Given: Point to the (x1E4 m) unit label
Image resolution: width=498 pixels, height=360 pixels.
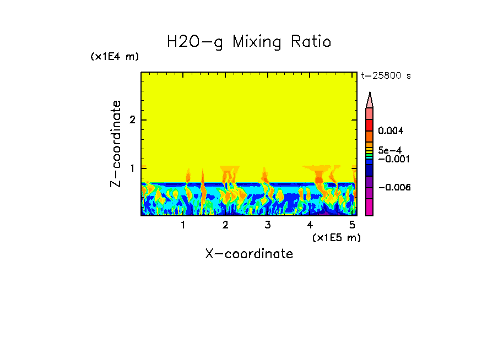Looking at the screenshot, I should click(115, 57).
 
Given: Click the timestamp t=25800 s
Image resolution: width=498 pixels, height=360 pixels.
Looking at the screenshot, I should click(386, 76).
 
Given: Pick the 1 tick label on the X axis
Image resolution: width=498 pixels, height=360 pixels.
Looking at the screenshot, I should click(183, 225).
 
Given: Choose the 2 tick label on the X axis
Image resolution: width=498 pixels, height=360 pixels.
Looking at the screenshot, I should click(225, 225).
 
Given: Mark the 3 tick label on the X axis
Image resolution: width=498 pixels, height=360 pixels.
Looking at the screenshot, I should click(268, 225).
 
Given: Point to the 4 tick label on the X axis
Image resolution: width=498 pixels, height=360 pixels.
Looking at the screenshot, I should click(310, 225).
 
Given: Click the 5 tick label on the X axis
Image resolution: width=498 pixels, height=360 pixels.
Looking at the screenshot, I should click(351, 225).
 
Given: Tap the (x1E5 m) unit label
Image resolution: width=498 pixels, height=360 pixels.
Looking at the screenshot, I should click(336, 238).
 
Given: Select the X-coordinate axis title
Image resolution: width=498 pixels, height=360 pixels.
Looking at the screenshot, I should click(249, 254).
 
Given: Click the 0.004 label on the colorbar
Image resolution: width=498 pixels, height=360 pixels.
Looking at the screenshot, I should click(391, 131).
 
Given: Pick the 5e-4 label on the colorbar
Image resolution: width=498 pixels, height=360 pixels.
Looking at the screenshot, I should click(389, 150).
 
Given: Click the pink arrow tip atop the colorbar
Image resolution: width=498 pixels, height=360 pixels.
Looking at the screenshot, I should click(370, 100).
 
